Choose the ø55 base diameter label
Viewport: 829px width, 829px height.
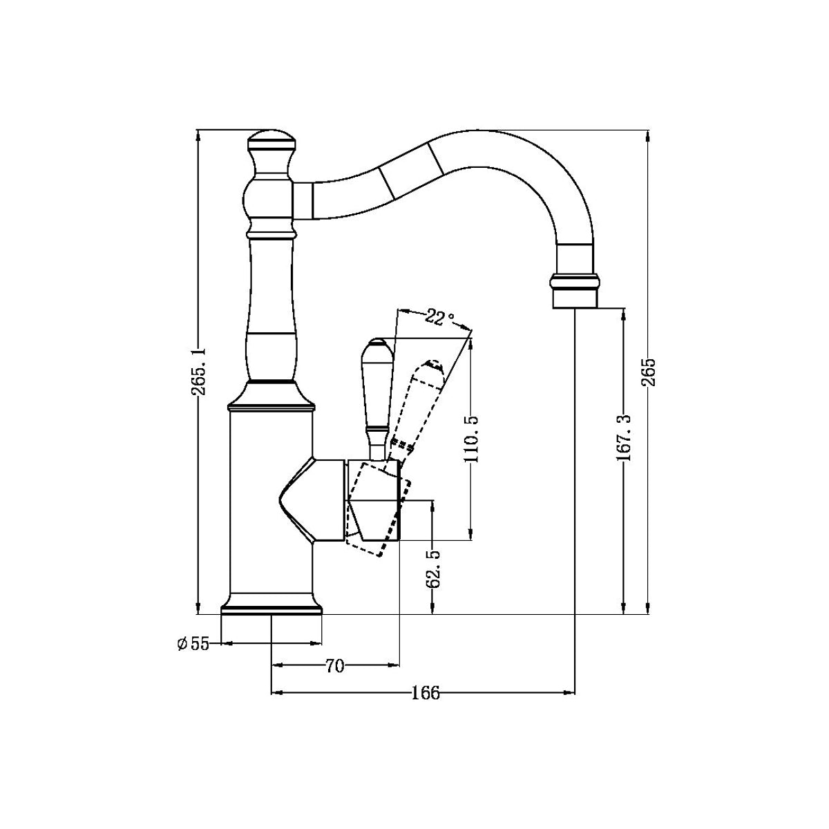click(193, 644)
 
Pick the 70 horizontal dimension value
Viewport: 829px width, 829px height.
click(334, 666)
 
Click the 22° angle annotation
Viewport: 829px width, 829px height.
click(439, 318)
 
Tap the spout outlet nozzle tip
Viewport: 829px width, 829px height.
click(575, 298)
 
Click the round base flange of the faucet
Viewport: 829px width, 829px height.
click(271, 606)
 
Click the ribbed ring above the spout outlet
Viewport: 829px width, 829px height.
click(575, 281)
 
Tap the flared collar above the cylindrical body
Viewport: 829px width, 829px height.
click(271, 397)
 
